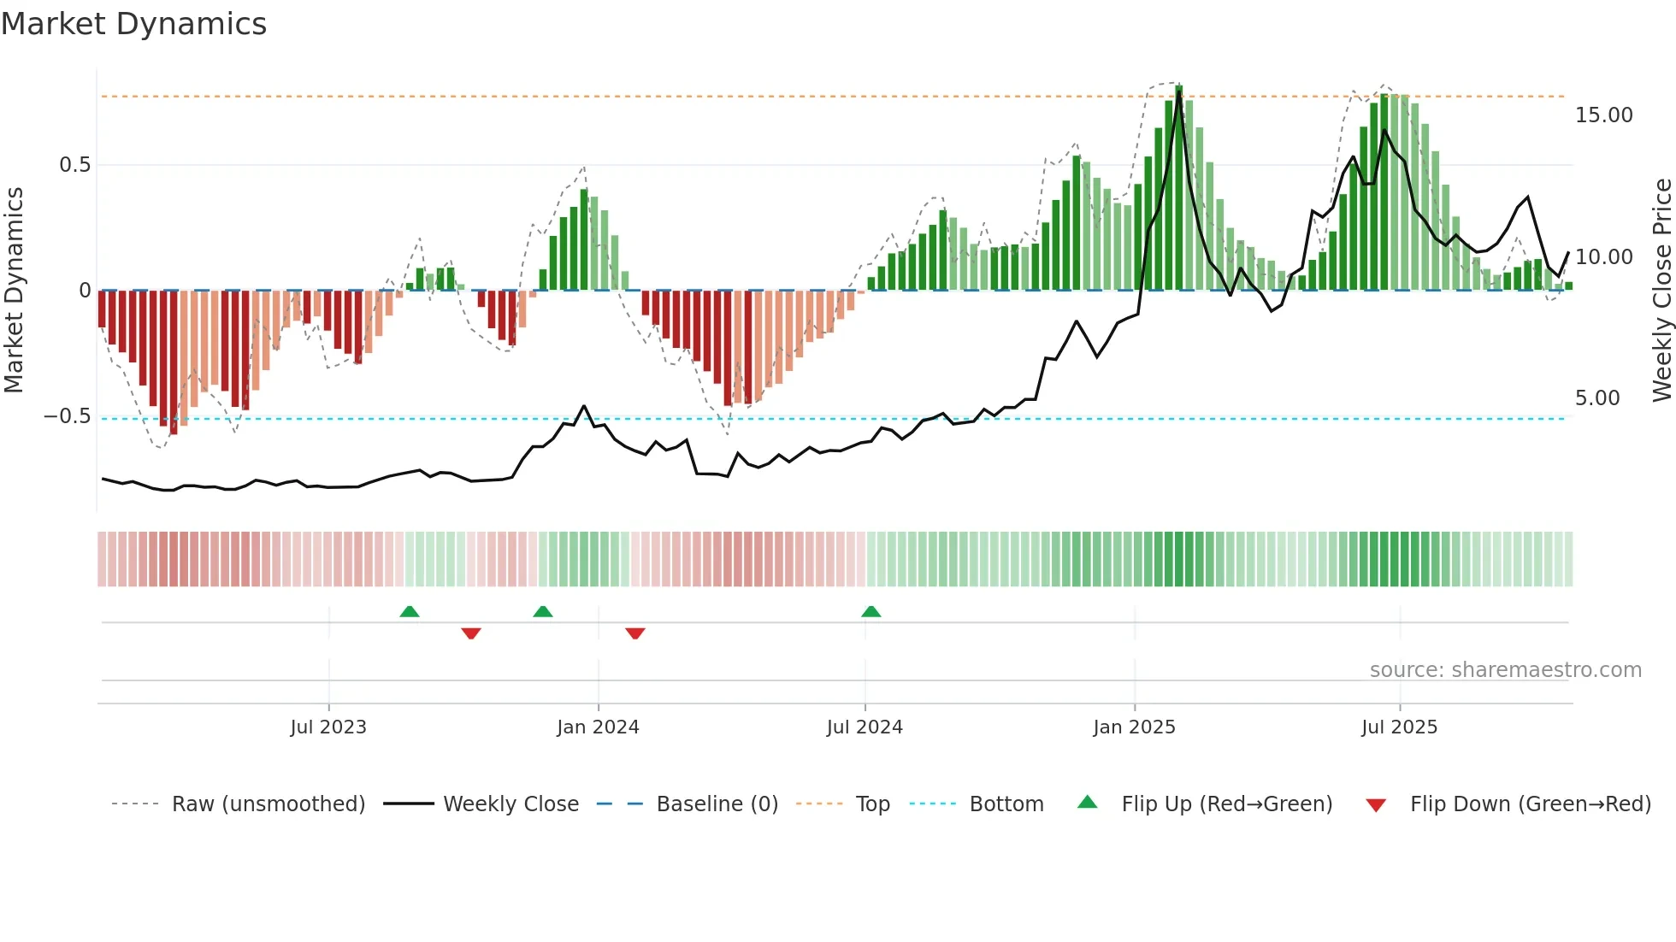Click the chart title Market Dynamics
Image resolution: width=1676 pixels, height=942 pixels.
[x=133, y=24]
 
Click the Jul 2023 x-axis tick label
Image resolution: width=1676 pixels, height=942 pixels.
[x=328, y=727]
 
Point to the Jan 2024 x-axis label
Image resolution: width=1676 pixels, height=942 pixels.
[x=598, y=727]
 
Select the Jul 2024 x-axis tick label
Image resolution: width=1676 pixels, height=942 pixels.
[x=865, y=727]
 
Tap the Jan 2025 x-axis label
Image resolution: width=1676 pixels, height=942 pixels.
[x=1134, y=727]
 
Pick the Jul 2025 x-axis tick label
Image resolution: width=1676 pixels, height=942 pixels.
[x=1399, y=727]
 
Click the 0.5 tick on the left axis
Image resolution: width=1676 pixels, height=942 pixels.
[x=74, y=165]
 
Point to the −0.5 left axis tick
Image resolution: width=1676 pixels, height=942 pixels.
[x=67, y=416]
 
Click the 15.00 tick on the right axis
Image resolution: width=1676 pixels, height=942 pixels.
[x=1603, y=115]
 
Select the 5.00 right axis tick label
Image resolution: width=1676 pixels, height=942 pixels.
[x=1596, y=398]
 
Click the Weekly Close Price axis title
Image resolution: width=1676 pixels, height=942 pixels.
[x=1661, y=290]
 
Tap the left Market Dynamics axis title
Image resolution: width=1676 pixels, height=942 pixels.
[x=14, y=290]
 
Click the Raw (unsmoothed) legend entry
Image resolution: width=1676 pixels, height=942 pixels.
[x=268, y=804]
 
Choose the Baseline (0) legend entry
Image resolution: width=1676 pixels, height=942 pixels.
[x=717, y=804]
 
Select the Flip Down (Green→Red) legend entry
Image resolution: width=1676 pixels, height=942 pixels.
[x=1530, y=804]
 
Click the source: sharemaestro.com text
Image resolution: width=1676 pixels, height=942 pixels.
[x=1505, y=670]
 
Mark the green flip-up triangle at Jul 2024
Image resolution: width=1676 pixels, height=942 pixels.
[x=870, y=612]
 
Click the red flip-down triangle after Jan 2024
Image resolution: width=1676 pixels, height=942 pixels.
[x=634, y=633]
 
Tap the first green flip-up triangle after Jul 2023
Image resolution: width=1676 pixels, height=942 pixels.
[x=410, y=612]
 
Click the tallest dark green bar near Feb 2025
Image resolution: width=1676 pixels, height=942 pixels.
[x=1179, y=188]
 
